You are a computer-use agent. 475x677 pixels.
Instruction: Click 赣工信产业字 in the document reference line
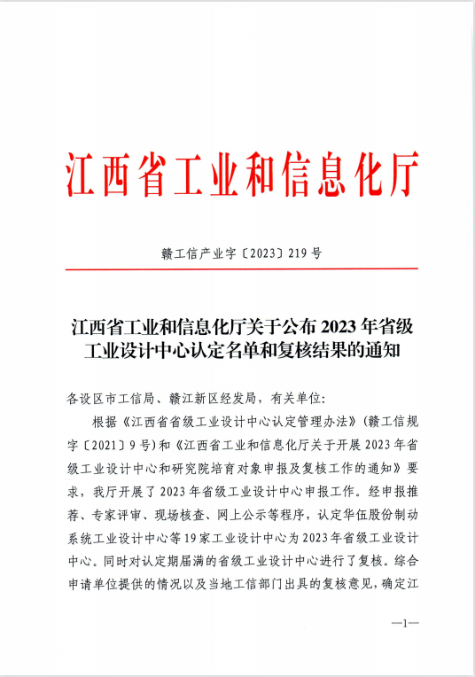[189, 253]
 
